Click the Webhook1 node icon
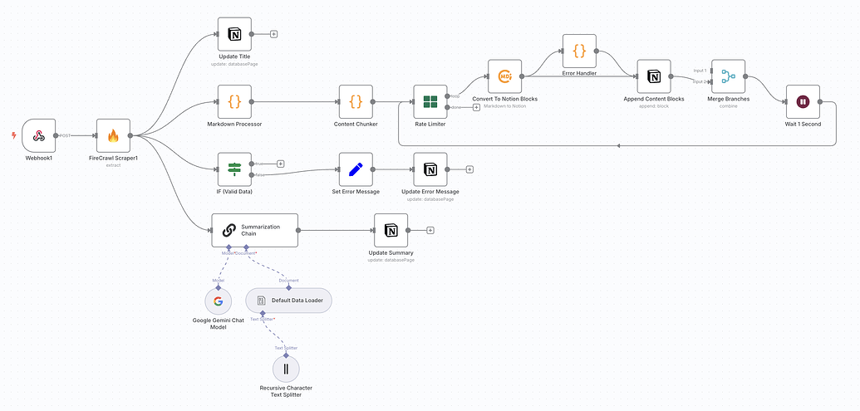(38, 135)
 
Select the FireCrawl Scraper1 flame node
(113, 135)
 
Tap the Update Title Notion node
(234, 34)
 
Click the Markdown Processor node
(234, 101)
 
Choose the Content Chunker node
(356, 101)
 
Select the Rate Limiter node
(430, 101)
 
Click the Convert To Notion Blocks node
(504, 76)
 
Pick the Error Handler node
(579, 51)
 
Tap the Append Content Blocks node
(654, 76)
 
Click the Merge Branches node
(728, 76)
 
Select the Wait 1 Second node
(803, 101)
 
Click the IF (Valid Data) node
(234, 169)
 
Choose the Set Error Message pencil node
(356, 169)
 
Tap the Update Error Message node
(430, 169)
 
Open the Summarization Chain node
(254, 230)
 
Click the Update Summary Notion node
(391, 230)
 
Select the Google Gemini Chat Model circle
(218, 301)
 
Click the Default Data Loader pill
(289, 300)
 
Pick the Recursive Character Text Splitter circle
(286, 369)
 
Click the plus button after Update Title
(274, 34)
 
